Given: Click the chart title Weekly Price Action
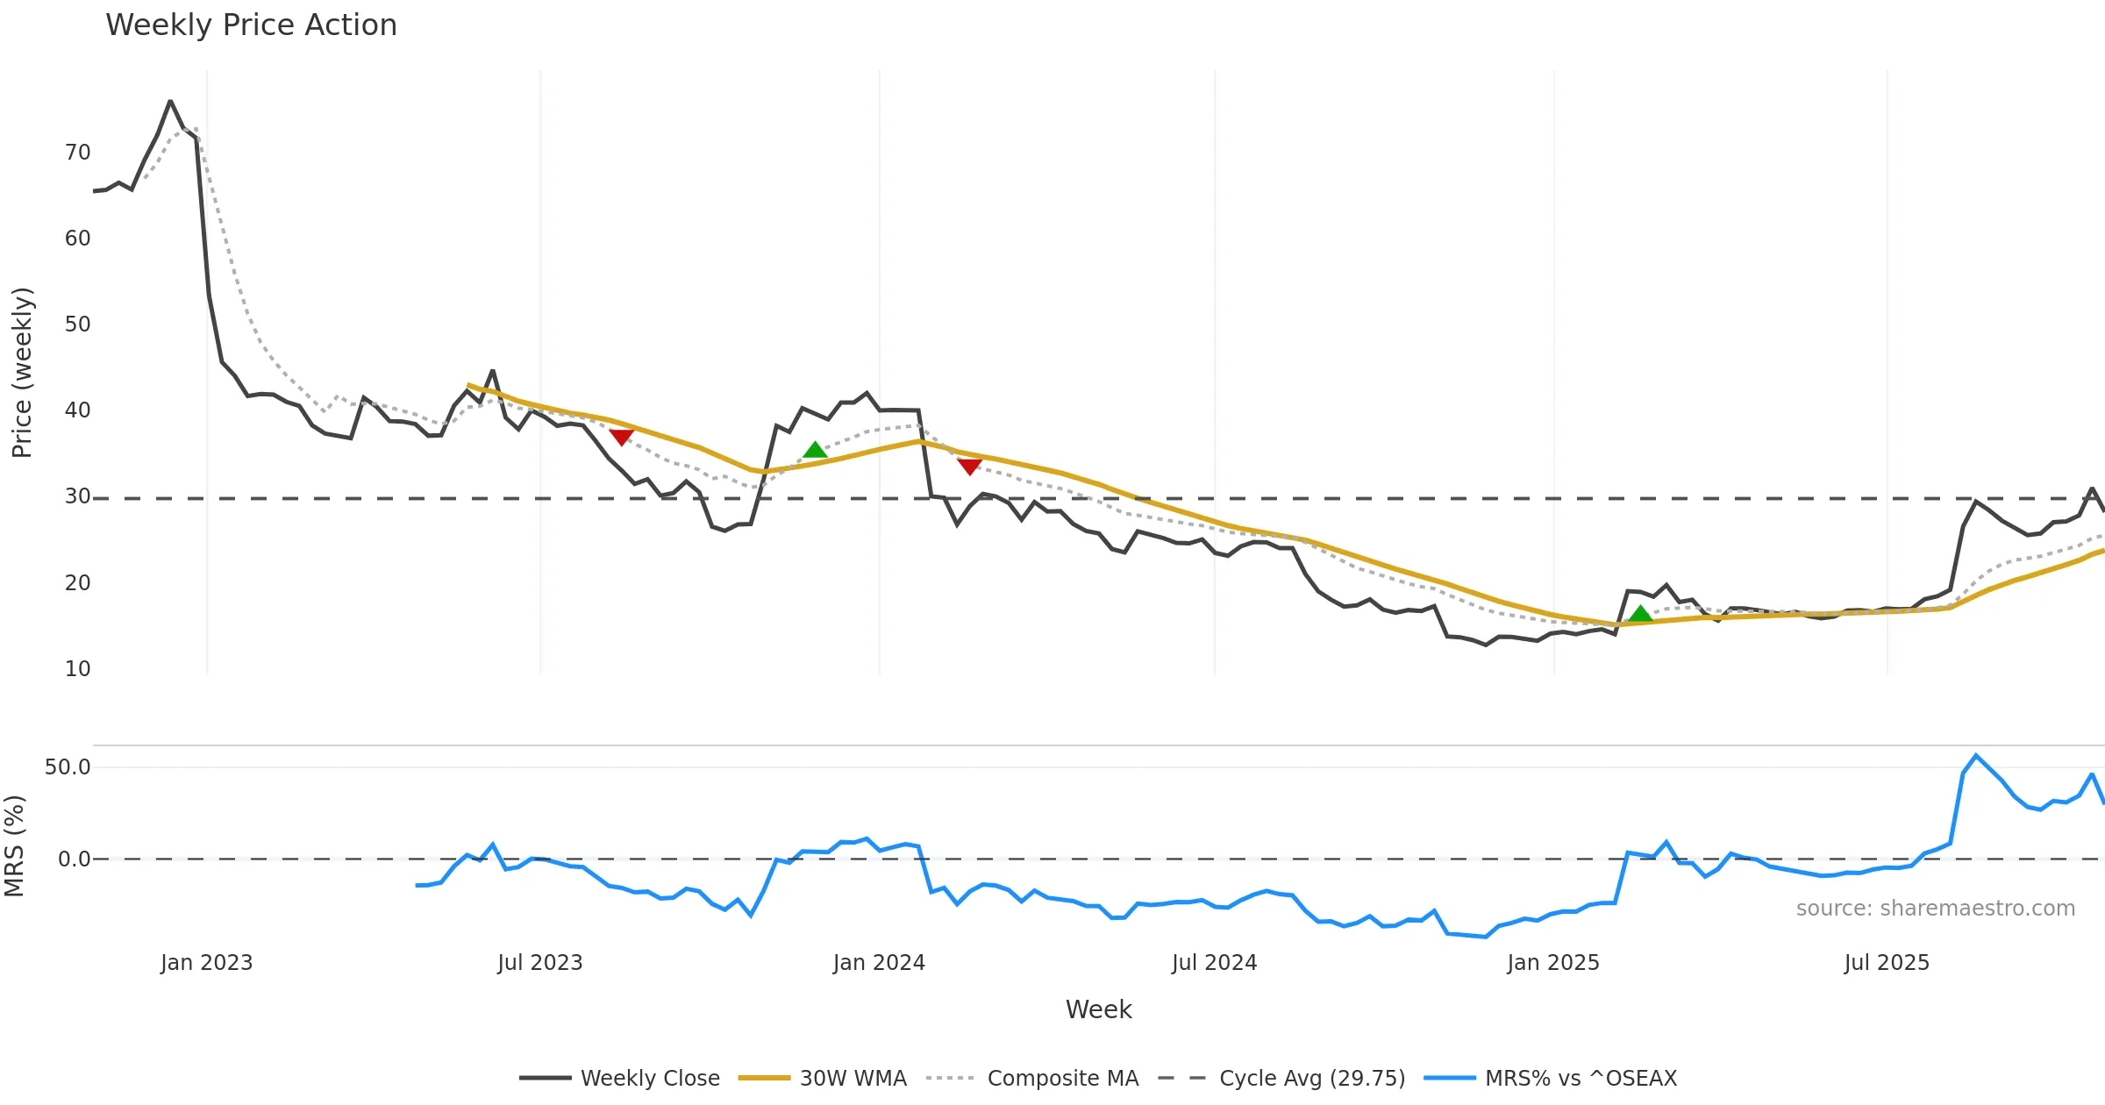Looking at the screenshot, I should point(251,25).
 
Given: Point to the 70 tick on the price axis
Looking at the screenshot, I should point(77,153).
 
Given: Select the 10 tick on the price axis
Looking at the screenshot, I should point(77,669).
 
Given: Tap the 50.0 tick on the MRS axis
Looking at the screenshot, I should point(68,767).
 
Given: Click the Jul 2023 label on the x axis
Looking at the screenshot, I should point(539,963).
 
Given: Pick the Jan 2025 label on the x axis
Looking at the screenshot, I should point(1552,963).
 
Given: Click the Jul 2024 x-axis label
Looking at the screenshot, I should point(1214,963).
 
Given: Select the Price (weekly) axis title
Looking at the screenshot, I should point(22,373).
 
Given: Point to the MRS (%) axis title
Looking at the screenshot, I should point(14,846).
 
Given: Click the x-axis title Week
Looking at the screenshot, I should point(1098,1009).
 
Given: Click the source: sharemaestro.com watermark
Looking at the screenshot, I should point(1935,908).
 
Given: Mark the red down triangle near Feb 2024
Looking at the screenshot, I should point(969,467).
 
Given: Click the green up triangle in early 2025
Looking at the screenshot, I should point(1640,614).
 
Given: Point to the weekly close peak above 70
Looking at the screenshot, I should point(170,101).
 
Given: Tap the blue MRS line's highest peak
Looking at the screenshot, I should point(1976,755).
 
